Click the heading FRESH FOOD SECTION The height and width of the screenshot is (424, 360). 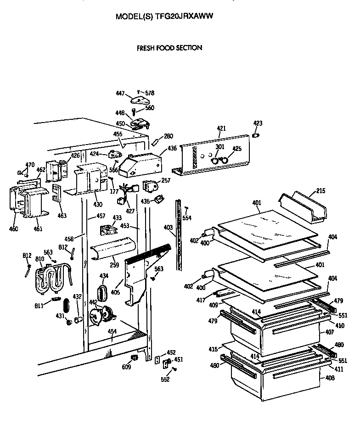tap(169, 48)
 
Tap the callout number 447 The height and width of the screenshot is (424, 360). tap(120, 94)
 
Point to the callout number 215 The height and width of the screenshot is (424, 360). tap(321, 190)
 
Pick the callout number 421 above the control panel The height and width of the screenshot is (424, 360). tap(222, 128)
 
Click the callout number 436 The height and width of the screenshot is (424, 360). tap(172, 148)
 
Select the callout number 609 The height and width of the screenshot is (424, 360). tap(125, 367)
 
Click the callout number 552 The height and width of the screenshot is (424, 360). tap(165, 379)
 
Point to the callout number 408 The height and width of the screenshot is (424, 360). tap(329, 378)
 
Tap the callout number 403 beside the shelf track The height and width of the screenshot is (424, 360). tap(169, 227)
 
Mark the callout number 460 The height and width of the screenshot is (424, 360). tap(14, 229)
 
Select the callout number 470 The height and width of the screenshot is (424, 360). tap(30, 165)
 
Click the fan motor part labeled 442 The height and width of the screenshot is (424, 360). tap(102, 316)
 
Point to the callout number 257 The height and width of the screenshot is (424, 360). tap(166, 181)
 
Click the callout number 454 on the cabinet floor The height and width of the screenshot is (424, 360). tap(112, 332)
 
